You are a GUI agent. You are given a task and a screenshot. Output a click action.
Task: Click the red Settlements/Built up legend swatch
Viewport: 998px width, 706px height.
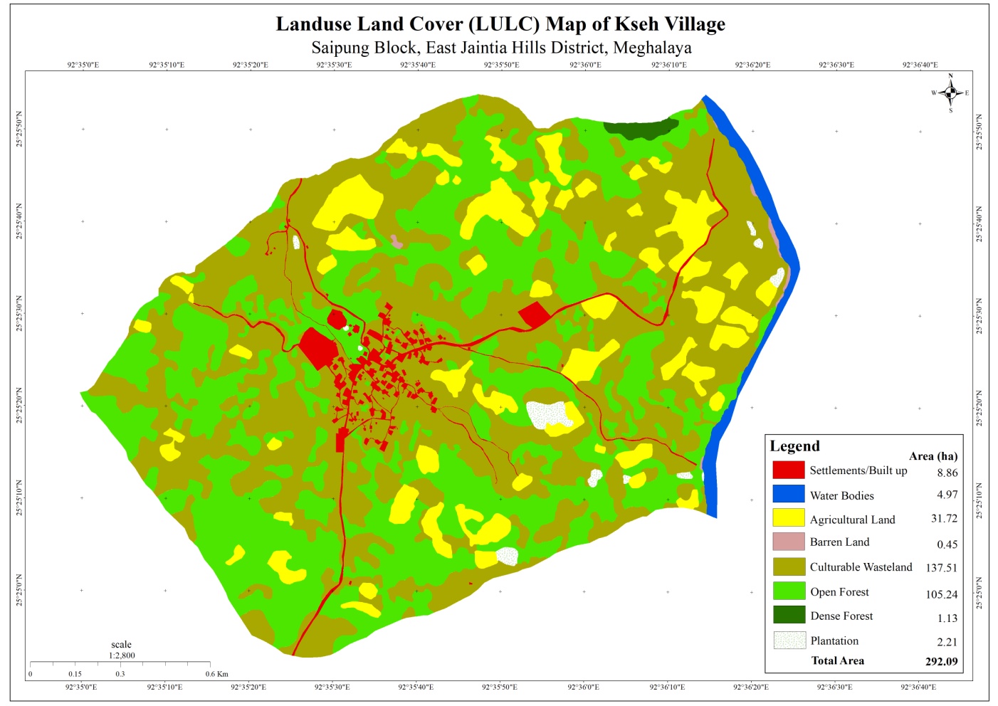pyautogui.click(x=788, y=470)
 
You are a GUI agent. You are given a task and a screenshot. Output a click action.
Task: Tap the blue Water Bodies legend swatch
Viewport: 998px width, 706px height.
pyautogui.click(x=788, y=494)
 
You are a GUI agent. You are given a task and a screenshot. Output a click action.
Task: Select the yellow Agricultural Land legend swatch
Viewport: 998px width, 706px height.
pyautogui.click(x=788, y=517)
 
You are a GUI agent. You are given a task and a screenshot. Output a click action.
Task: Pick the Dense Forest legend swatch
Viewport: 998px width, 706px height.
pyautogui.click(x=788, y=614)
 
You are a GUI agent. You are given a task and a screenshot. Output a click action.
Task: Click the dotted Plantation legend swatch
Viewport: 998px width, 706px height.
pyautogui.click(x=789, y=640)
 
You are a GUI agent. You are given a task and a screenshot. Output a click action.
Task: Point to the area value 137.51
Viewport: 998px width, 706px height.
pyautogui.click(x=941, y=568)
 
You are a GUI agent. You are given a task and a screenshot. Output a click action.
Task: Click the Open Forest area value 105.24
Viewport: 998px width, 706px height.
pyautogui.click(x=941, y=594)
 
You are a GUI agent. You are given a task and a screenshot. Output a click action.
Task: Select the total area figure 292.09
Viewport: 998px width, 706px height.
pyautogui.click(x=941, y=661)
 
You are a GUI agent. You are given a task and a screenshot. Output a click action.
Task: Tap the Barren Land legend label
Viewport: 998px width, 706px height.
pyautogui.click(x=839, y=542)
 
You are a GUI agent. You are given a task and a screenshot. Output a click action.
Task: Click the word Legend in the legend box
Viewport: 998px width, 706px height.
pyautogui.click(x=794, y=446)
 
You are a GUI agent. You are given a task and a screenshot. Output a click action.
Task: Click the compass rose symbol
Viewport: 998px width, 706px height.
pyautogui.click(x=950, y=93)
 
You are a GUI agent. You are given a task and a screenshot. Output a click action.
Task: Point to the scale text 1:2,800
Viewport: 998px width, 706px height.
pyautogui.click(x=122, y=655)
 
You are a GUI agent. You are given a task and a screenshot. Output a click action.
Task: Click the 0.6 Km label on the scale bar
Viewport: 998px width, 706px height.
pyautogui.click(x=217, y=674)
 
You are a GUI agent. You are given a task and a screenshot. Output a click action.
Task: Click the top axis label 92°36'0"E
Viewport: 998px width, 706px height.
pyautogui.click(x=585, y=65)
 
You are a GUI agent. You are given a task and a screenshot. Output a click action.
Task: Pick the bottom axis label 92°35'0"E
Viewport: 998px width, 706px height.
pyautogui.click(x=81, y=687)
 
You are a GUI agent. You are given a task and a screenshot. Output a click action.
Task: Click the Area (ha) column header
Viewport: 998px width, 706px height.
pyautogui.click(x=933, y=456)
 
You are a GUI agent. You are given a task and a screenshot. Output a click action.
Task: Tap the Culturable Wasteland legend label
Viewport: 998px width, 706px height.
pyautogui.click(x=861, y=567)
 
